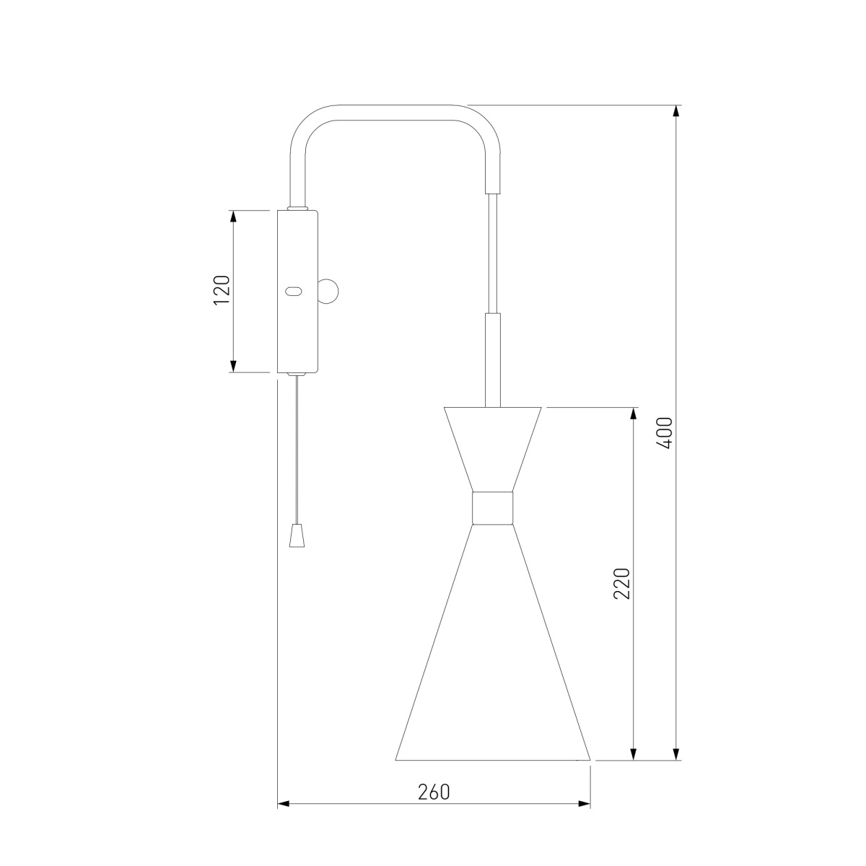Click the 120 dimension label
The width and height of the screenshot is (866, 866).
222,290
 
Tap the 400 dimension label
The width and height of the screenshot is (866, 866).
665,433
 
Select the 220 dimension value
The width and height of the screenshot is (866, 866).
622,583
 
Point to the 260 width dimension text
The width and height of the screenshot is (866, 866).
434,792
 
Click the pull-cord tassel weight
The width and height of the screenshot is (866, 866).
294,535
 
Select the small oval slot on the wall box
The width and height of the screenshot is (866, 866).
293,292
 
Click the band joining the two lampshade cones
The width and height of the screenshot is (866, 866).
492,507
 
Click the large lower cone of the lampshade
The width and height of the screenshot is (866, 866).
492,664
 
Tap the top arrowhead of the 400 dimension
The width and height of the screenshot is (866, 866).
676,112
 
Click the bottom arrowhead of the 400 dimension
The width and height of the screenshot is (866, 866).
676,753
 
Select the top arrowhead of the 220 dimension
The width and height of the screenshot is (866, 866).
634,414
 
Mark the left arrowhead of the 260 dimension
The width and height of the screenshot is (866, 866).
284,803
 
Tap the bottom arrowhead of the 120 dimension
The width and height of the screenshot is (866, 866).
233,366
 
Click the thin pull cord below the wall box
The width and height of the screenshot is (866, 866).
294,447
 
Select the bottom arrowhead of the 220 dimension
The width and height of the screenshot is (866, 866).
634,753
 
